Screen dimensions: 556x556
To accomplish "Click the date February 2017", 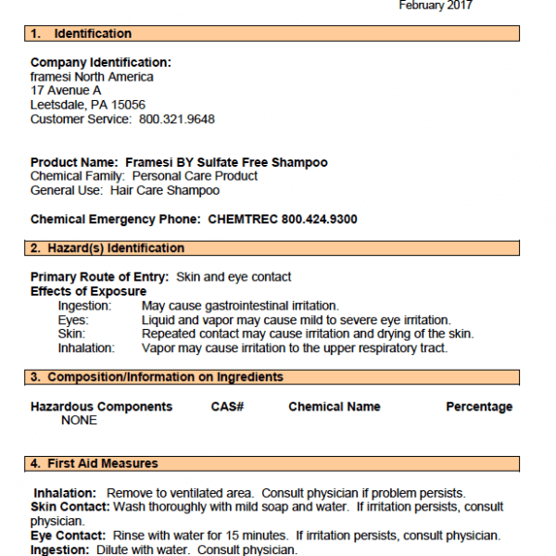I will [x=436, y=6].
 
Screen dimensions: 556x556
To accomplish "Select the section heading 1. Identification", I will [x=82, y=34].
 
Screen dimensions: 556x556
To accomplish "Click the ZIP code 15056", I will [x=128, y=105].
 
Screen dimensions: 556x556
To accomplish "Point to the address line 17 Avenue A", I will [x=66, y=91].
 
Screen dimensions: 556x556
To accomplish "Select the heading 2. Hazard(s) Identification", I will [x=107, y=248].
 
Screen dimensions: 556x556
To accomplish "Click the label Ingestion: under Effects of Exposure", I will [x=84, y=306].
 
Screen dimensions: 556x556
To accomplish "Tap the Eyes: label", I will [x=73, y=320].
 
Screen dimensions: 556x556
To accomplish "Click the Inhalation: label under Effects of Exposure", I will [x=86, y=348].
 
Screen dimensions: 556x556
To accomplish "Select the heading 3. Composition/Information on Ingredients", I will [x=157, y=377].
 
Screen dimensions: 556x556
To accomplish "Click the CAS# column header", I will [x=227, y=407].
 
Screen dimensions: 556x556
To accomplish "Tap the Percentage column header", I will [x=479, y=407].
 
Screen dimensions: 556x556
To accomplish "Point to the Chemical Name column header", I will [x=335, y=407].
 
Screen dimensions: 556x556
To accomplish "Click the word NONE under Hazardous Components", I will [x=79, y=421].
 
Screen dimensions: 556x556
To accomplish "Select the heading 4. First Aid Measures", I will [x=95, y=463].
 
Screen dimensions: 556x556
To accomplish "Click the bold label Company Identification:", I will [x=101, y=62].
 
